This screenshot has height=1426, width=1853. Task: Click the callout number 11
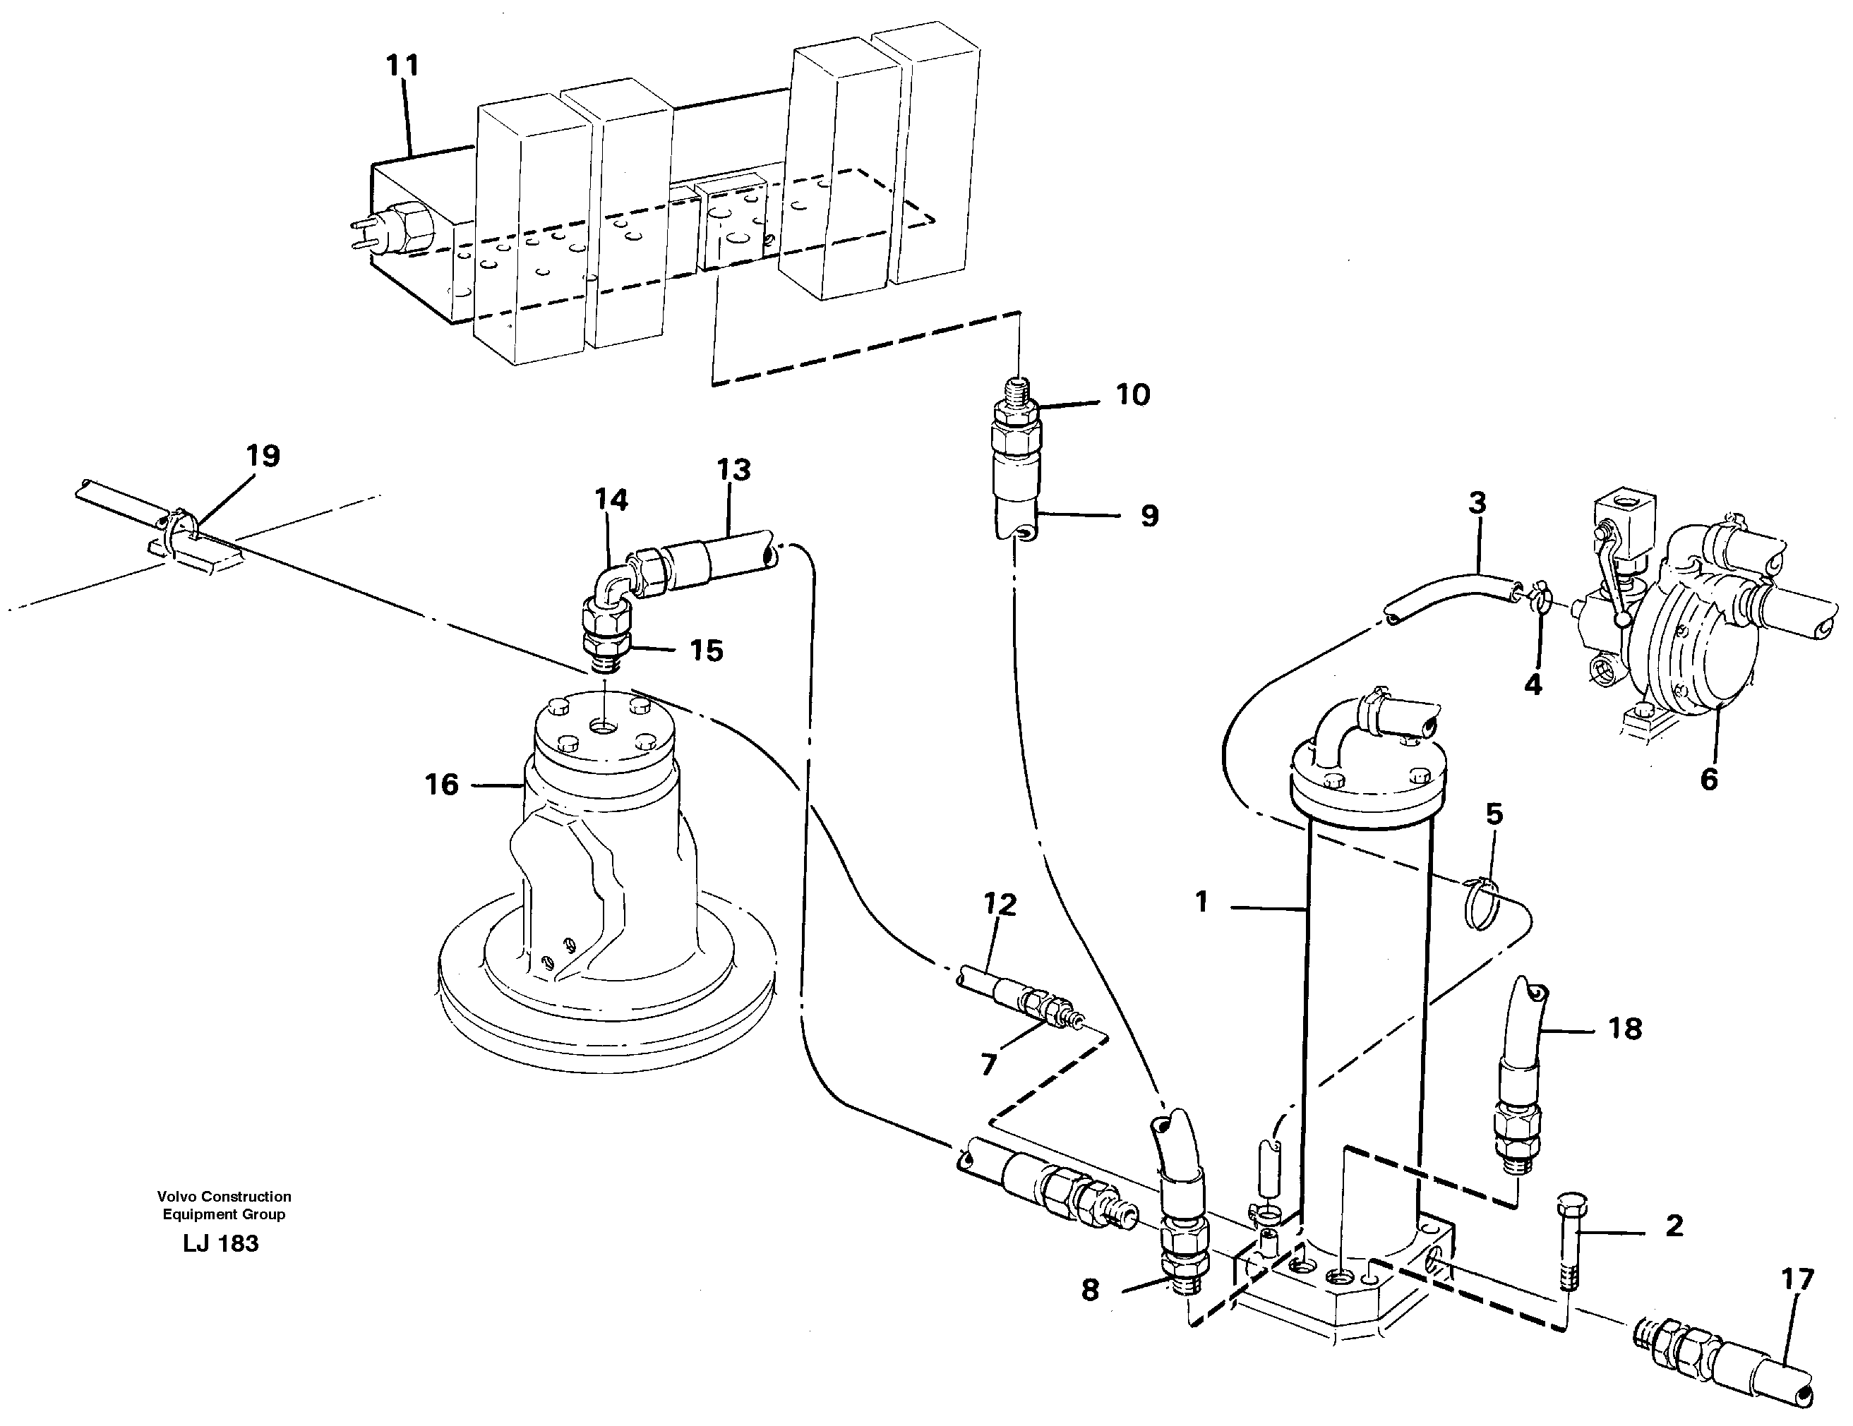point(402,66)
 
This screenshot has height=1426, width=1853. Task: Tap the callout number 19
point(263,457)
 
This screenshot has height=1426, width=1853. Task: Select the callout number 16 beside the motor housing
point(441,785)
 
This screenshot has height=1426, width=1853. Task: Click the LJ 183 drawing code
point(220,1244)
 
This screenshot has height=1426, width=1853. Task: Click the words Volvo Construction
point(224,1196)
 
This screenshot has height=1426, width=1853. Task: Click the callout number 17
point(1797,1279)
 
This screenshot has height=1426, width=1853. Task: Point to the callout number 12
point(1000,905)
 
